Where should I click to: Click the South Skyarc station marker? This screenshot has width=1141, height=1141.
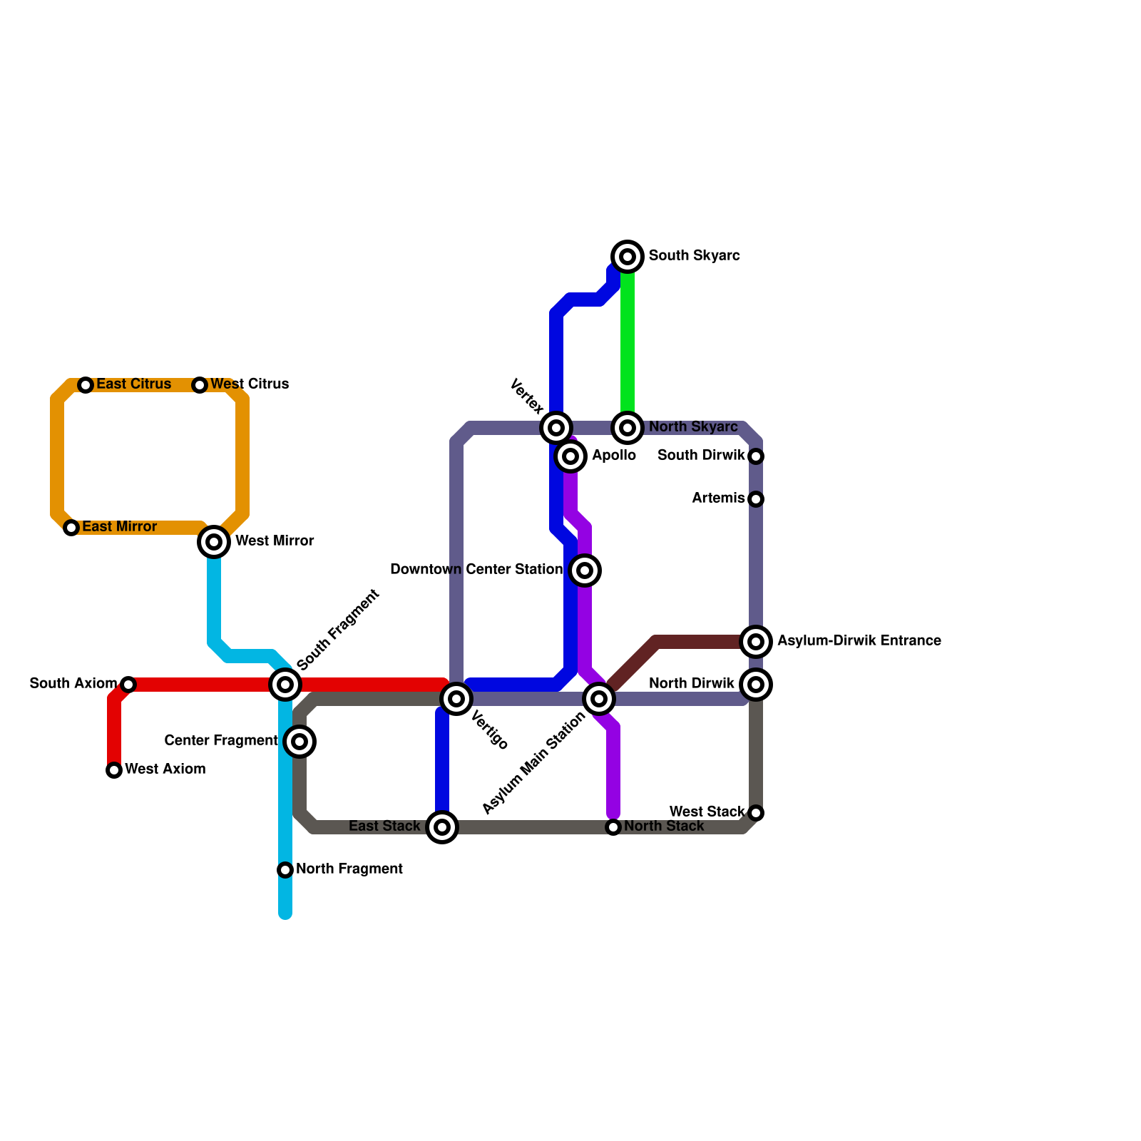point(628,257)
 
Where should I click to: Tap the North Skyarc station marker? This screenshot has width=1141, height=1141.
point(628,428)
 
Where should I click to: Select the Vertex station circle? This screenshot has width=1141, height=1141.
point(556,428)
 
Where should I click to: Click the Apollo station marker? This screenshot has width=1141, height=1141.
point(570,456)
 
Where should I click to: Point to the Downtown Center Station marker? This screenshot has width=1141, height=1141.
point(585,570)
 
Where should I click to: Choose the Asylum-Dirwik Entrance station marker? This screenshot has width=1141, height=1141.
point(756,642)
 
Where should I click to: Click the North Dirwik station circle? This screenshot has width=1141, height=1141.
point(756,685)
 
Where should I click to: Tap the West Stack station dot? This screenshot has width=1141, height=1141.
point(756,813)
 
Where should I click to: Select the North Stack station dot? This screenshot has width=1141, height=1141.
point(613,827)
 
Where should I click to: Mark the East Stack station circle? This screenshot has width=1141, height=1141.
point(442,827)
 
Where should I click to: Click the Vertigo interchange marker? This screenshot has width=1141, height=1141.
point(456,699)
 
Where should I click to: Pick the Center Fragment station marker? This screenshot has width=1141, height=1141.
point(300,742)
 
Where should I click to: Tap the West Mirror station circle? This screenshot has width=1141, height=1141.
point(214,542)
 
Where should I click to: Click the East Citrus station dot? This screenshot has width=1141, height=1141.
point(86,385)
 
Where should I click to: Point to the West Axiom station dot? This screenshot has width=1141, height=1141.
point(114,770)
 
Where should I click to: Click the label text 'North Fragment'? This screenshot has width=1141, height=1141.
point(349,869)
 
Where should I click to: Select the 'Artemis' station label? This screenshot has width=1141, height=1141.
point(717,498)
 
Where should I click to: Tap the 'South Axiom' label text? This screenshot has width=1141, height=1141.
point(73,684)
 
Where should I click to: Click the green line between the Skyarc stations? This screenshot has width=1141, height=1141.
point(628,342)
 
